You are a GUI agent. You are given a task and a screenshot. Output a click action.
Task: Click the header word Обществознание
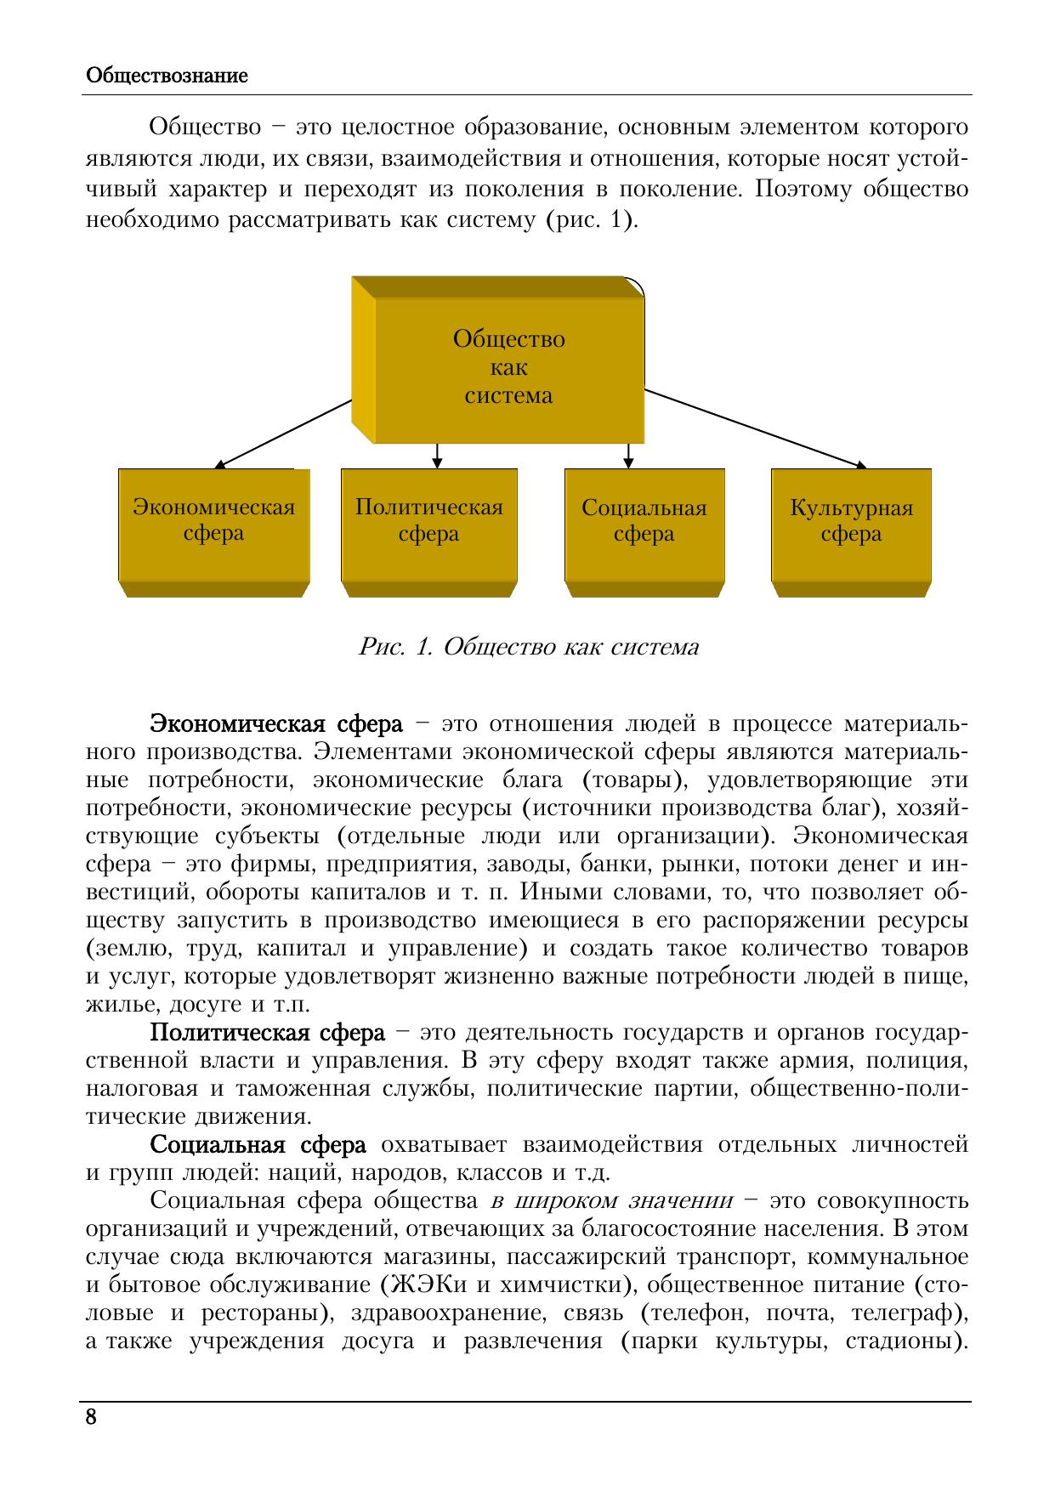(167, 76)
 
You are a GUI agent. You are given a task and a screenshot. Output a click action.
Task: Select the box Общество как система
(508, 368)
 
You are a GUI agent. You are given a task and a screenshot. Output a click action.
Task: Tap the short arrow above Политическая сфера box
(437, 456)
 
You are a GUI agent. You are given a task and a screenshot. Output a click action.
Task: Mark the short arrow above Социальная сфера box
(628, 456)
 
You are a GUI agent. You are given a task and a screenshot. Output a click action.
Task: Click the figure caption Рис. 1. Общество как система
(529, 648)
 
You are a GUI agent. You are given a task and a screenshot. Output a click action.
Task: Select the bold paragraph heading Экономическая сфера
(276, 724)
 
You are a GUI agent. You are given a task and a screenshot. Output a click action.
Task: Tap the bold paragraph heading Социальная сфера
(258, 1145)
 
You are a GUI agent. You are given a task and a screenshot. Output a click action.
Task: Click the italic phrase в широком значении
(611, 1201)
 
